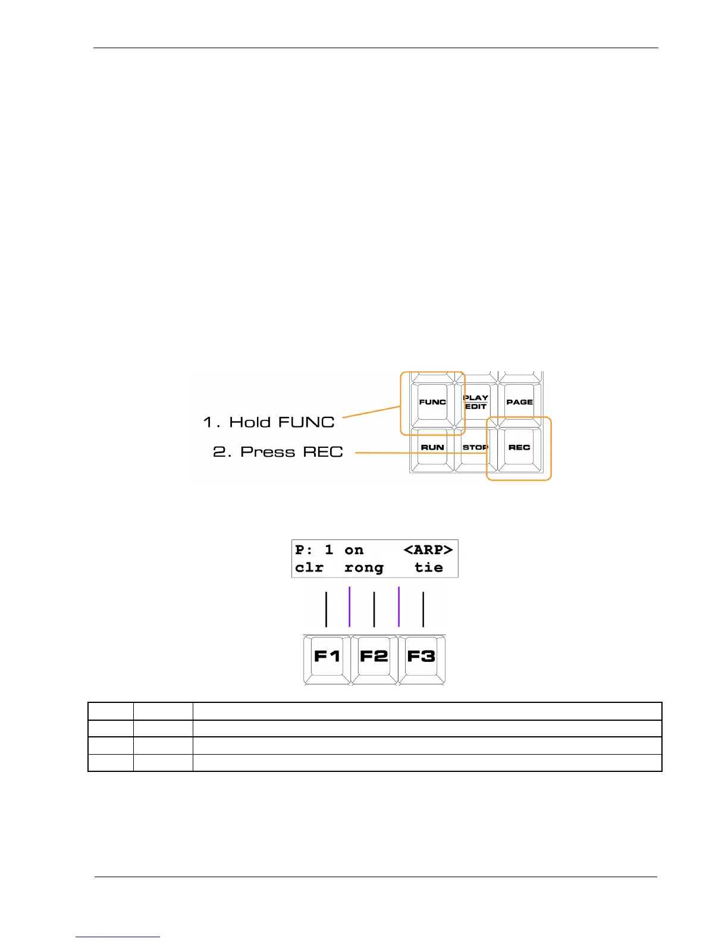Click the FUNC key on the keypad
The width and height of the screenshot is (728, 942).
pos(432,402)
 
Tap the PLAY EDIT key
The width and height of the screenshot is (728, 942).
pos(476,402)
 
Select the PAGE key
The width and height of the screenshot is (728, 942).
pos(519,402)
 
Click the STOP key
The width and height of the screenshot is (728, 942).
pos(475,447)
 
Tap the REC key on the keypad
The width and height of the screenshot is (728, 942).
pos(519,447)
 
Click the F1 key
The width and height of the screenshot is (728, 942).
pos(327,657)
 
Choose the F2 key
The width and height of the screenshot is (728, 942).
pos(374,657)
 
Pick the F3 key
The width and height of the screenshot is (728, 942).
pos(421,657)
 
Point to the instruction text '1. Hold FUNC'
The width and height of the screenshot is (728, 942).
pos(269,422)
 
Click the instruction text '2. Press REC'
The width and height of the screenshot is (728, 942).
pos(278,452)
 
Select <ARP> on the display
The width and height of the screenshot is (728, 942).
pos(428,550)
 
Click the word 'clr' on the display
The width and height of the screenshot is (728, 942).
pos(309,568)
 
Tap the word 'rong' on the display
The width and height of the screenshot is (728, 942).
pos(364,569)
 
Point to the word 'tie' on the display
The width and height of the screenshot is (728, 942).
pos(429,568)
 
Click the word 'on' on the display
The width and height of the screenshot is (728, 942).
pos(354,550)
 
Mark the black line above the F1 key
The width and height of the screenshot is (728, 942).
pos(326,609)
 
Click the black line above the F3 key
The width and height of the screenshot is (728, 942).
pos(423,609)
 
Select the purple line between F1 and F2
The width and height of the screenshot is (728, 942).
pos(350,607)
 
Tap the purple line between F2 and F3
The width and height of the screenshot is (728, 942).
pos(398,607)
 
